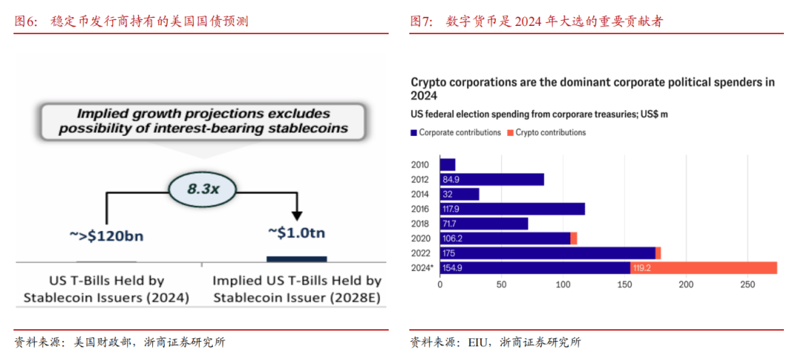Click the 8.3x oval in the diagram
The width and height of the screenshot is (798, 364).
tap(202, 188)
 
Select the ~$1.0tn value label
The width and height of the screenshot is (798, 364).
tap(296, 233)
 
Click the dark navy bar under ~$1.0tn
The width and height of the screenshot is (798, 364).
tap(296, 258)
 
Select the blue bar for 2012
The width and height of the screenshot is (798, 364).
tap(491, 179)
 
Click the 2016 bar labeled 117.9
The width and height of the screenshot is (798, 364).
tap(512, 209)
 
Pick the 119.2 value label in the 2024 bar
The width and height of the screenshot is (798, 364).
tap(644, 267)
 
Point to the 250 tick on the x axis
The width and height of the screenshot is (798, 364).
tap(748, 285)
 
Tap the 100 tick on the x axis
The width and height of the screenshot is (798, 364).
tap(564, 285)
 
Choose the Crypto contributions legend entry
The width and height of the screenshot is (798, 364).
tap(548, 133)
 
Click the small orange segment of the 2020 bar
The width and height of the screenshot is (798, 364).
tap(573, 238)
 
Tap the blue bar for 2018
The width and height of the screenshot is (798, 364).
tap(484, 223)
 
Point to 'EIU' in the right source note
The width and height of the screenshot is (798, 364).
tap(477, 343)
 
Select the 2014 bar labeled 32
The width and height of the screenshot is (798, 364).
tap(460, 194)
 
